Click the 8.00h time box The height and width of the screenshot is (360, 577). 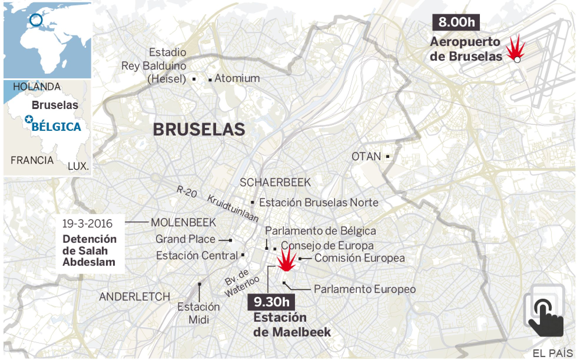pos(456,22)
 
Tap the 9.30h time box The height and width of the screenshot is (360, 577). pos(271,302)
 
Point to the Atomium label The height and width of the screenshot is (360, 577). pos(237,78)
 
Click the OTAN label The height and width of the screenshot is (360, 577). pos(366,156)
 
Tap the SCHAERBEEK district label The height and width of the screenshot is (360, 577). pos(275,182)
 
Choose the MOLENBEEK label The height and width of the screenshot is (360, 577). pos(183,222)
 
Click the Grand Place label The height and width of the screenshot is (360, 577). pos(185,239)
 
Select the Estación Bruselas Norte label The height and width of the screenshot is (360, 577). pos(319,203)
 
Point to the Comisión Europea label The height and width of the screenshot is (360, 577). pos(359,258)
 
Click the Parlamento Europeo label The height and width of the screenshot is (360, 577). pos(365,289)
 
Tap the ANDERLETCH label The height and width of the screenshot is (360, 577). pos(135,296)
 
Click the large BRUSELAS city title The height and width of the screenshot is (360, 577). pos(199,129)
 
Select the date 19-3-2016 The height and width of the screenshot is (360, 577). pos(87,224)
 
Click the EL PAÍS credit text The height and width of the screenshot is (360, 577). pos(553,353)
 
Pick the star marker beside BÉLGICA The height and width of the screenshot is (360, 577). pos(29,119)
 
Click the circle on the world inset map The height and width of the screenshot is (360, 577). pos(36,20)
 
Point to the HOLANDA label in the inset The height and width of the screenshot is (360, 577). pos(37,87)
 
